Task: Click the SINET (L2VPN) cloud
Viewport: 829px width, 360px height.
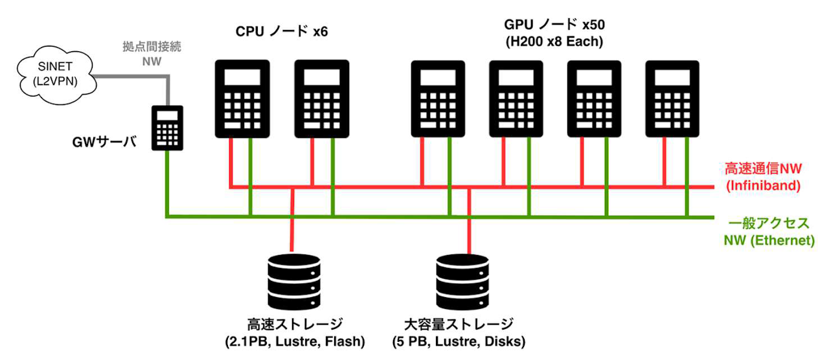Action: (x=56, y=74)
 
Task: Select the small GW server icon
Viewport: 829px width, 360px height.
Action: (x=167, y=128)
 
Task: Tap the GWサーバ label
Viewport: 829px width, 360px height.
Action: (x=104, y=142)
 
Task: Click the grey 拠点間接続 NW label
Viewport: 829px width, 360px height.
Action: (x=152, y=54)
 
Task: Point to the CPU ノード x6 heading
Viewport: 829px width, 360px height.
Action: (x=282, y=31)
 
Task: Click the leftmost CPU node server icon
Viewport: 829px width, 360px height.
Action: (x=242, y=99)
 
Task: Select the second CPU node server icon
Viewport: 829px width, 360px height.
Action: (x=322, y=99)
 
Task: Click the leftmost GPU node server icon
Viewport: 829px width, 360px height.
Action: (x=438, y=99)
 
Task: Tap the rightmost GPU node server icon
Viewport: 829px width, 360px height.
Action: (x=672, y=99)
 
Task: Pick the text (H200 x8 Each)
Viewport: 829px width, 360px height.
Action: (x=554, y=41)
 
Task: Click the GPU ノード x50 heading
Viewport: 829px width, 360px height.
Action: (x=554, y=25)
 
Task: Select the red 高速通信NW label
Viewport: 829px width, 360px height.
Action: (x=763, y=168)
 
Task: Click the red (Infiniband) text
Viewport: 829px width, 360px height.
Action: (x=763, y=185)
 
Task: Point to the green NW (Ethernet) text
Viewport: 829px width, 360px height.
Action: (x=769, y=240)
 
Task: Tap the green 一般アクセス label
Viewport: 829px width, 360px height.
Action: (x=769, y=223)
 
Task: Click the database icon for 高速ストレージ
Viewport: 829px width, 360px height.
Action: (x=294, y=282)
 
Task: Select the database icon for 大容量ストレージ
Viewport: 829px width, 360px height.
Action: (x=462, y=282)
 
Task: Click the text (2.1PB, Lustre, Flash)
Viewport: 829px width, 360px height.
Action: (x=295, y=341)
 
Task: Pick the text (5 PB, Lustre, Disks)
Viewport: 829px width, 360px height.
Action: (x=459, y=341)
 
